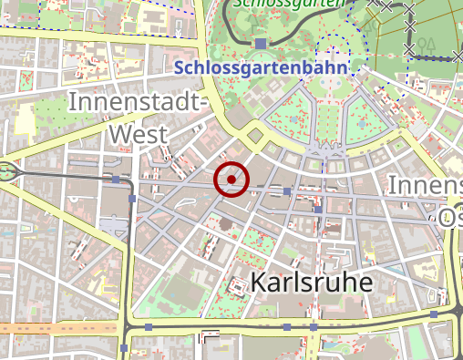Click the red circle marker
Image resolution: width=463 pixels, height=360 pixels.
(231, 179)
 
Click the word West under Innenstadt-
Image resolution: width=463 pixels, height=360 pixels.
(138, 135)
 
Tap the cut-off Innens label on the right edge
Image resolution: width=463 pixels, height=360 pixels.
(425, 185)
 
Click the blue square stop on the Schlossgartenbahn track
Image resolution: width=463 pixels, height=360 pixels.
(261, 43)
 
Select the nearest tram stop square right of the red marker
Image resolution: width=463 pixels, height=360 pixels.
(287, 191)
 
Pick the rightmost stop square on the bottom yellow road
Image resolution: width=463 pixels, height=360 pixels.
(434, 314)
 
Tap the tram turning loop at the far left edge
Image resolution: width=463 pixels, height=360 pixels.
(7, 170)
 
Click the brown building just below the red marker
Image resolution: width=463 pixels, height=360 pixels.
(225, 222)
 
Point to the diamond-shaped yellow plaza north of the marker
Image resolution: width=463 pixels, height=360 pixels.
(254, 136)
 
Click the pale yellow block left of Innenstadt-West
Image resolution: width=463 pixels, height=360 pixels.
(25, 116)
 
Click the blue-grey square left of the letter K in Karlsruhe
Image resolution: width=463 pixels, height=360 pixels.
(238, 286)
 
